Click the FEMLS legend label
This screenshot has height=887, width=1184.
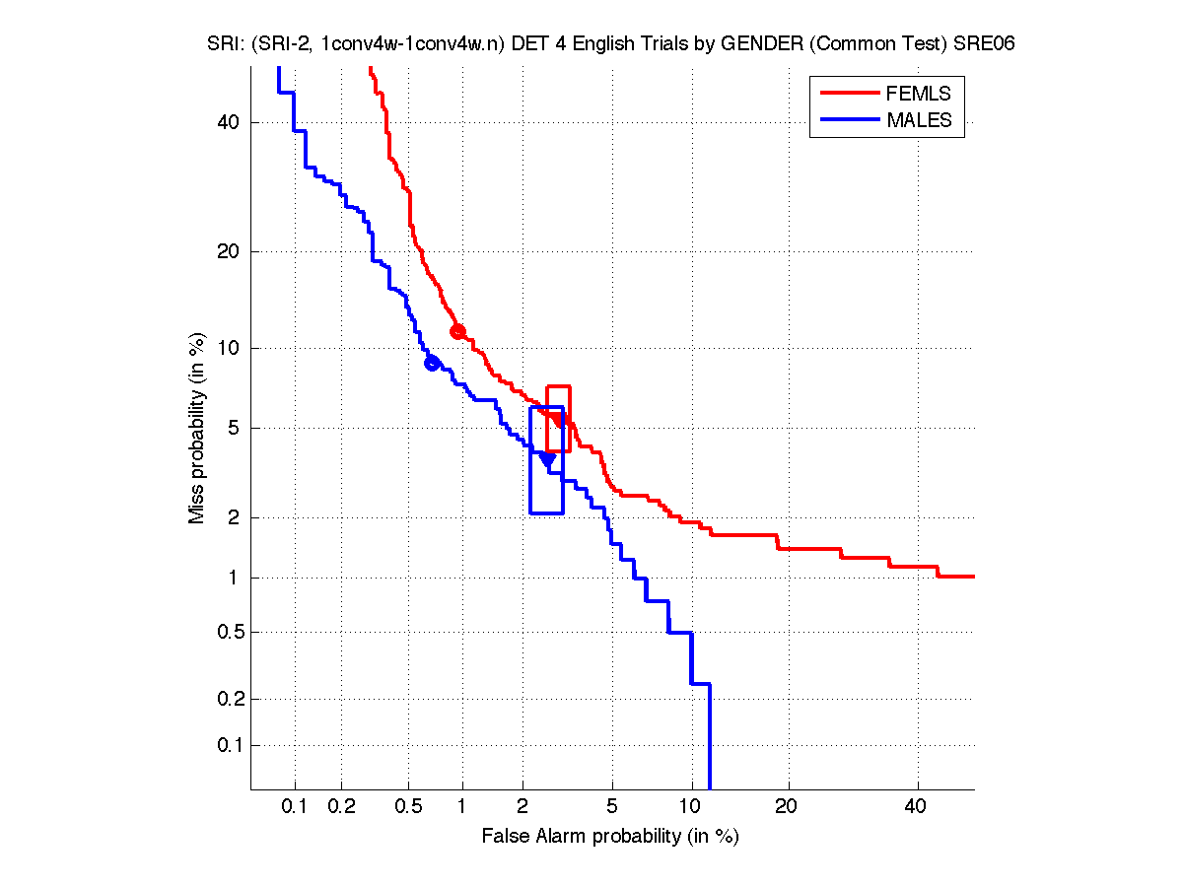919,94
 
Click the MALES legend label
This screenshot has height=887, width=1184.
919,120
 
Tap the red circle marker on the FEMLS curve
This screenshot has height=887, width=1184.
457,331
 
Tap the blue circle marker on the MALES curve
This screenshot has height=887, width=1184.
432,363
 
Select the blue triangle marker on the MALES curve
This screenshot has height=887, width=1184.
547,459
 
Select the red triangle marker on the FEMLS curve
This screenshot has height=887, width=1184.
558,420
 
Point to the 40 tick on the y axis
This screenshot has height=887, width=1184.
230,122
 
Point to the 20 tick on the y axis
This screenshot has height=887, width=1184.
230,251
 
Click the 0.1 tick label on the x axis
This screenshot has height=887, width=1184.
295,807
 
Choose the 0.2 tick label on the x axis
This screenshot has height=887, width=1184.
341,807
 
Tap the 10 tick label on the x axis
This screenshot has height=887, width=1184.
692,807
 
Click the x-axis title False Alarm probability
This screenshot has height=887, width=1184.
610,837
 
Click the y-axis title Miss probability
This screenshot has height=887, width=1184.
197,428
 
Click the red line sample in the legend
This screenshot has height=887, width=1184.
850,94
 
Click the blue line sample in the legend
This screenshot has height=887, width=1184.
850,120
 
